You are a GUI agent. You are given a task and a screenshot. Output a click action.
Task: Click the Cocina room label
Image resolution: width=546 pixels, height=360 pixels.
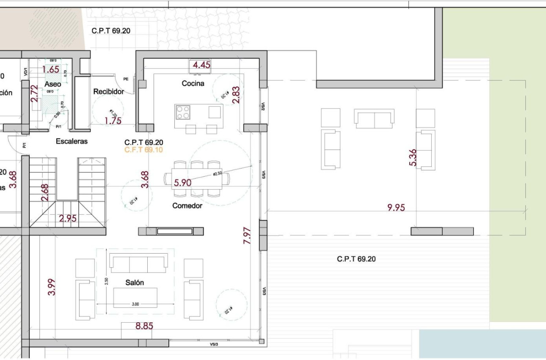click(193, 83)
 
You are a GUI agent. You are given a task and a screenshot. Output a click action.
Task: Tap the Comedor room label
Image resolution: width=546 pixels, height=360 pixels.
click(187, 206)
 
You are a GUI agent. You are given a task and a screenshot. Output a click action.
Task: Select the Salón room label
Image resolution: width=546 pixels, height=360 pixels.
click(135, 282)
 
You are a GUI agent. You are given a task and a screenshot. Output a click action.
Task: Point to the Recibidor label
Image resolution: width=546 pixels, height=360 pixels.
click(108, 91)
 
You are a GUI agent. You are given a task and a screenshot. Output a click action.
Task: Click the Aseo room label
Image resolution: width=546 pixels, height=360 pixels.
click(53, 84)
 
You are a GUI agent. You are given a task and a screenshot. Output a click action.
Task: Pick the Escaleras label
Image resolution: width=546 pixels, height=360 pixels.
click(72, 141)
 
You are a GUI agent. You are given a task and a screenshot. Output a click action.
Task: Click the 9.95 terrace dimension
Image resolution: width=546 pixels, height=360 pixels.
click(396, 208)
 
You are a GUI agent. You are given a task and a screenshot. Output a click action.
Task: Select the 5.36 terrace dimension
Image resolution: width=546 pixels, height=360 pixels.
click(413, 157)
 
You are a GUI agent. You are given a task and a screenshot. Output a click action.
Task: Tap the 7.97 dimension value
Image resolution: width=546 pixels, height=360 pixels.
click(248, 235)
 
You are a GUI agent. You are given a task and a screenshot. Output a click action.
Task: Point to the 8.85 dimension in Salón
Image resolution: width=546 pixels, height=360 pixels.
click(144, 326)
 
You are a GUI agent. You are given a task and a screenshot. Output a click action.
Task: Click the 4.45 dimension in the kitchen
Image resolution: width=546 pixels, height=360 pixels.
click(201, 65)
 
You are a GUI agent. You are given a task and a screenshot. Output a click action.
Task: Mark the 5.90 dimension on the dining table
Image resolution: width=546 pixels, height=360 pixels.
click(182, 183)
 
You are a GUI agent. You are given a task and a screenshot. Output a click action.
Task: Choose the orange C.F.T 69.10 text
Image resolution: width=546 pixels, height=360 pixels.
click(143, 150)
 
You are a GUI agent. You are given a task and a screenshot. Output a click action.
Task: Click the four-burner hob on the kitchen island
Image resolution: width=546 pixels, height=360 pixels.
click(183, 112)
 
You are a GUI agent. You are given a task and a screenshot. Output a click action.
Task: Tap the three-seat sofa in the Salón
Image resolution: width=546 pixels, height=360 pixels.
click(139, 263)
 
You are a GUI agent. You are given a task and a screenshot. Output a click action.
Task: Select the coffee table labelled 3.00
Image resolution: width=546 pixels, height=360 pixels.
click(135, 297)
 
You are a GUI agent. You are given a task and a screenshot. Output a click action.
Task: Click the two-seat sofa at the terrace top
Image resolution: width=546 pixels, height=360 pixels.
click(374, 119)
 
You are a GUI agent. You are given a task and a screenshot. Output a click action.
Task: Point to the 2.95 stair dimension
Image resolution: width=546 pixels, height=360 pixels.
click(68, 219)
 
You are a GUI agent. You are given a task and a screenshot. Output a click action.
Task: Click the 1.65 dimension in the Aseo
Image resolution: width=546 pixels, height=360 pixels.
click(51, 69)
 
